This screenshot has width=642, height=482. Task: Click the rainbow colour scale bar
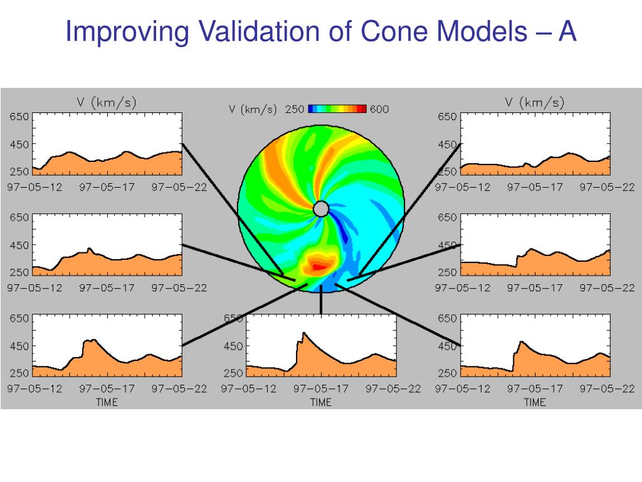coord(337,109)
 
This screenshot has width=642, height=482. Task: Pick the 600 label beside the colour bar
coord(379,109)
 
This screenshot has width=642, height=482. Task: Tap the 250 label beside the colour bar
coord(295,109)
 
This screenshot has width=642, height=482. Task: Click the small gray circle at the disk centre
coord(320,209)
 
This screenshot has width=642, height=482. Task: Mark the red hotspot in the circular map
coord(318,267)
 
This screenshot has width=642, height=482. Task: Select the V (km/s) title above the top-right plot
coord(534,102)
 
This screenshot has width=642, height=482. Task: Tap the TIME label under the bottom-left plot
coord(107,402)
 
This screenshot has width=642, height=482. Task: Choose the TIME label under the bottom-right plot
coord(535,402)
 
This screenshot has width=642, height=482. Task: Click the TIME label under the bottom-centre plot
coord(320,402)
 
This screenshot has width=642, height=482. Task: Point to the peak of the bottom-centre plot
coord(303,333)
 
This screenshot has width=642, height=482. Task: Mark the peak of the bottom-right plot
coord(522,341)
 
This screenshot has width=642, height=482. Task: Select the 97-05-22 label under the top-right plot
coord(607,187)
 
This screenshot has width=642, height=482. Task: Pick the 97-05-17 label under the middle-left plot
coord(107,288)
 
